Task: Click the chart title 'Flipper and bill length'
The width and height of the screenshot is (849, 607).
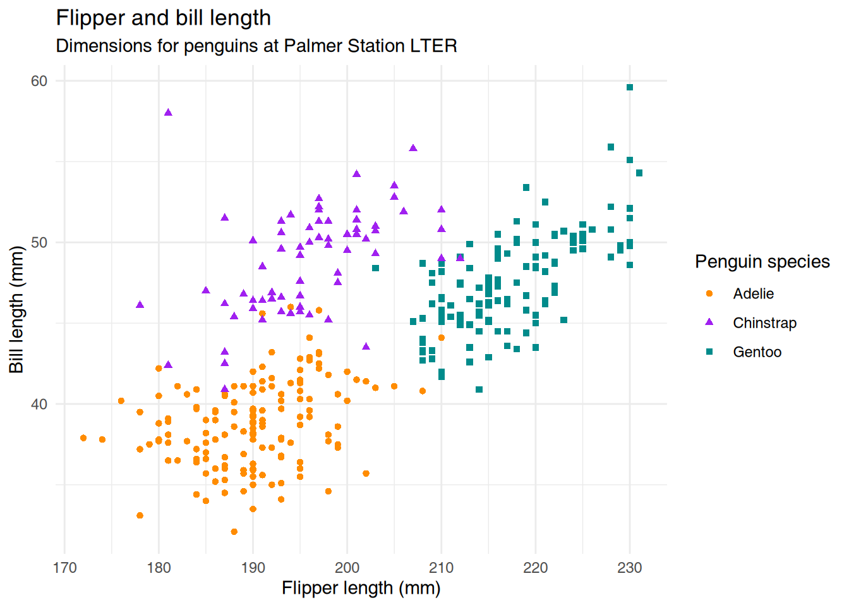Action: pyautogui.click(x=164, y=18)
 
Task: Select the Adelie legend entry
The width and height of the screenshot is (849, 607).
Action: pyautogui.click(x=753, y=294)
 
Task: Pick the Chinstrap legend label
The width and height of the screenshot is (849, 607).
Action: pyautogui.click(x=764, y=323)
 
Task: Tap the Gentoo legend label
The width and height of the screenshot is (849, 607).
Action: pyautogui.click(x=757, y=352)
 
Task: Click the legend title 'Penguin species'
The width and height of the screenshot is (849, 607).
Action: pyautogui.click(x=762, y=262)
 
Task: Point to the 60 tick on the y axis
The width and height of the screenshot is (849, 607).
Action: pyautogui.click(x=39, y=81)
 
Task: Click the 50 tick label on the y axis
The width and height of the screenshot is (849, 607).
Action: pyautogui.click(x=39, y=243)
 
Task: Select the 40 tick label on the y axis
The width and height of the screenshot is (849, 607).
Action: pyautogui.click(x=39, y=404)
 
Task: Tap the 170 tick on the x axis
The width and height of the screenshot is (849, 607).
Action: pyautogui.click(x=64, y=568)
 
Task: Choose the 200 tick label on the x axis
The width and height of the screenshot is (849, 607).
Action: pyautogui.click(x=347, y=568)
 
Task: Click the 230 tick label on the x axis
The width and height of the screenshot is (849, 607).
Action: pyautogui.click(x=629, y=568)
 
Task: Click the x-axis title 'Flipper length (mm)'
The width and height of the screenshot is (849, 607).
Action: pyautogui.click(x=361, y=589)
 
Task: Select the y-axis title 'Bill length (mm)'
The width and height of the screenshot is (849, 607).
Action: pyautogui.click(x=16, y=310)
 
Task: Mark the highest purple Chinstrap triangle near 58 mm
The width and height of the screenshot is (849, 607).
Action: pyautogui.click(x=168, y=113)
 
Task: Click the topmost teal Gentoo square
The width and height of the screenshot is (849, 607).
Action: pyautogui.click(x=630, y=87)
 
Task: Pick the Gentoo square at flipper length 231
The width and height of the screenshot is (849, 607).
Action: pyautogui.click(x=639, y=173)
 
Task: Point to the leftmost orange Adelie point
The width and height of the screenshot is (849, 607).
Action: pyautogui.click(x=83, y=438)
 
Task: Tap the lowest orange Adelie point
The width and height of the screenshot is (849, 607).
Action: pyautogui.click(x=234, y=532)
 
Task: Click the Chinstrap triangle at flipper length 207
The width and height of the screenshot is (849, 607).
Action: pyautogui.click(x=413, y=148)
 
